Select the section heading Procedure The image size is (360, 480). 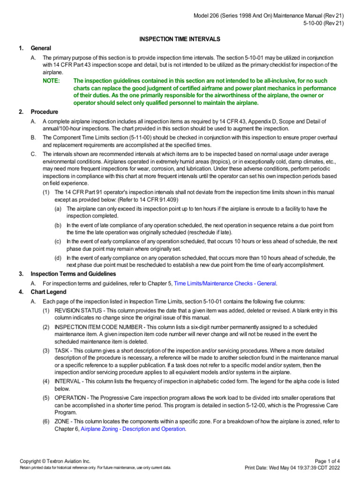[44, 112]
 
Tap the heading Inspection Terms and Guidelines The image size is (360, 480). [73, 274]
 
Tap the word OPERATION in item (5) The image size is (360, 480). [70, 397]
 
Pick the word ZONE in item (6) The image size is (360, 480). [62, 421]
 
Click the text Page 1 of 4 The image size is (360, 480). [326, 461]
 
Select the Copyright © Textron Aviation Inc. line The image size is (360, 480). [55, 461]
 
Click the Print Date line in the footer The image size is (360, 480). [292, 468]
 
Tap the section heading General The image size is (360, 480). [41, 48]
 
